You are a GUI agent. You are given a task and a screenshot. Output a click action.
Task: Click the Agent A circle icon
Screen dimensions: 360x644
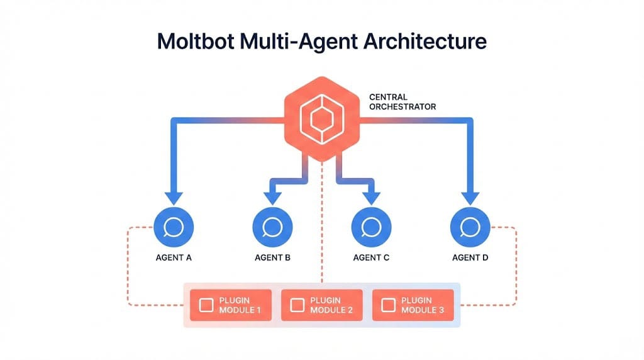(x=174, y=226)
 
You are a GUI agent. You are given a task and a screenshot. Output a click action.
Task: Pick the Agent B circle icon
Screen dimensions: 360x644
(x=272, y=226)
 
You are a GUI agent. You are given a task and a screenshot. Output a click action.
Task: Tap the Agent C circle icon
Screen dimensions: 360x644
(x=372, y=226)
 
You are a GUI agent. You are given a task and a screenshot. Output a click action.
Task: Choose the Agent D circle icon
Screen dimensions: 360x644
(x=470, y=226)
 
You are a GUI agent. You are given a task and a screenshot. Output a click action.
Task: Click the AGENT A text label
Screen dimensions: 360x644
(x=174, y=257)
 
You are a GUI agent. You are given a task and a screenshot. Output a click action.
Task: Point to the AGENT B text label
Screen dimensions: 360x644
(x=272, y=257)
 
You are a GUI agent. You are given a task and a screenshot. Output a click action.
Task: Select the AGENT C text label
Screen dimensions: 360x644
(x=372, y=257)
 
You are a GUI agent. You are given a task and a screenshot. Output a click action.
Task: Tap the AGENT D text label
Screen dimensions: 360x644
(x=470, y=257)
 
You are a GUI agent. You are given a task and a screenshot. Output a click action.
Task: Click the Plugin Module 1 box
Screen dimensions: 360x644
(x=231, y=305)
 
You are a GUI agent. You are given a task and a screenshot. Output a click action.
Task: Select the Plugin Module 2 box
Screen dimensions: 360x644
(x=322, y=305)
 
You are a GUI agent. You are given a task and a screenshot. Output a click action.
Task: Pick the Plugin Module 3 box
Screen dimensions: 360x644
(x=413, y=305)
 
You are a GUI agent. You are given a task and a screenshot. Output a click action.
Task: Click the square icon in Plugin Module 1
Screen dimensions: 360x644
(x=206, y=306)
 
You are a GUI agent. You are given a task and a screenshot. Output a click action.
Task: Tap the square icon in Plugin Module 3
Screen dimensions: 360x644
(x=389, y=306)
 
